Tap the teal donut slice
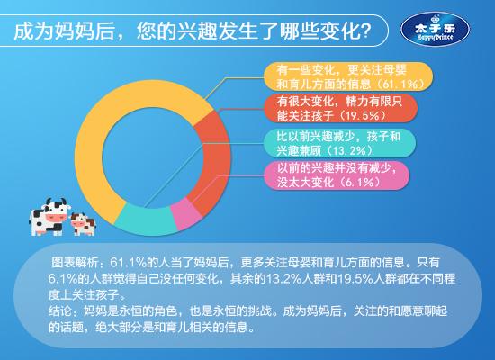click(145, 220)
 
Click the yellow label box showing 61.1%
click(348, 76)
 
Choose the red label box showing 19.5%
click(341, 108)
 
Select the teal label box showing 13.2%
click(339, 143)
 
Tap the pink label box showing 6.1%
click(337, 175)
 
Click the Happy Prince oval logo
click(435, 30)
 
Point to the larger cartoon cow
click(49, 217)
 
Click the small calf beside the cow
click(83, 224)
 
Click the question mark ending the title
click(365, 31)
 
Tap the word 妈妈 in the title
click(75, 31)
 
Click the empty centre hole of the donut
click(153, 157)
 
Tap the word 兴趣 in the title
click(197, 31)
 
